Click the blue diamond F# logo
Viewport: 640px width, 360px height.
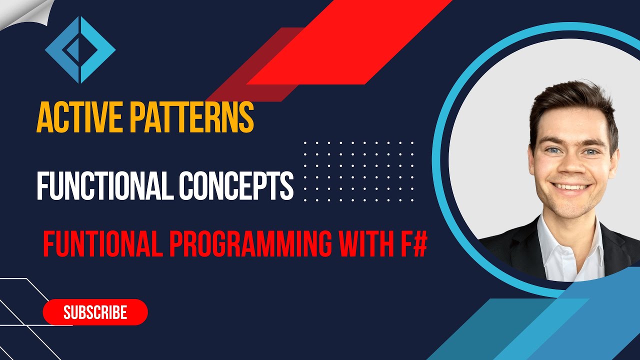(x=80, y=49)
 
